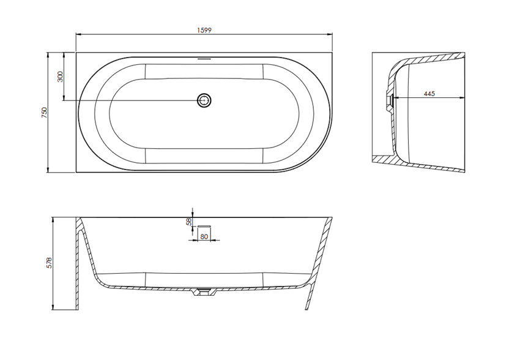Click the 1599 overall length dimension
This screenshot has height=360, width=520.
point(204,30)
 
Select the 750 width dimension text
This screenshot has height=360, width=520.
point(45,113)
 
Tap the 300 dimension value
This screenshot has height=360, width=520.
point(60,77)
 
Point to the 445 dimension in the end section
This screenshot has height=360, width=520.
point(429,94)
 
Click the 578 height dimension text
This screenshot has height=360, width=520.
point(49,263)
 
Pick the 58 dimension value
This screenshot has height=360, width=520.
point(189,222)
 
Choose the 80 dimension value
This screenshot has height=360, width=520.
point(204,236)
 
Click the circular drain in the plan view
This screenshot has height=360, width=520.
point(204,100)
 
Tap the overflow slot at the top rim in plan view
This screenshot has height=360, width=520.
point(204,59)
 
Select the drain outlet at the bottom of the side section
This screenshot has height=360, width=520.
point(204,292)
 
